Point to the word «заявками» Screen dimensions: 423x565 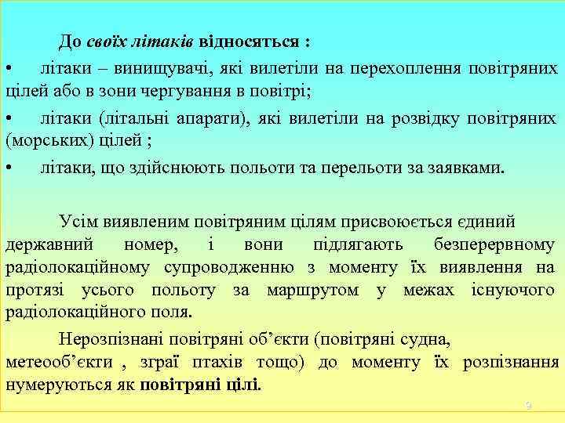(465, 168)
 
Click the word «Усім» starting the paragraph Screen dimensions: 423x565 (76, 223)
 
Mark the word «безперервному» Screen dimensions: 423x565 (495, 246)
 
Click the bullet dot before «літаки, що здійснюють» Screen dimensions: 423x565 (8, 168)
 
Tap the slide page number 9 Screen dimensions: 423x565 (529, 406)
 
